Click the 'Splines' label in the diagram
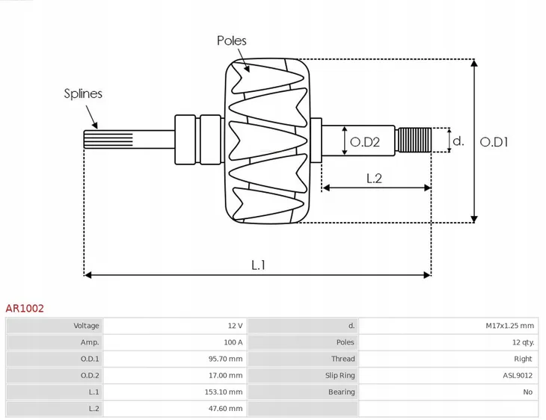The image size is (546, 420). pyautogui.click(x=82, y=94)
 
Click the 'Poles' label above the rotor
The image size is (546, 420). pyautogui.click(x=231, y=40)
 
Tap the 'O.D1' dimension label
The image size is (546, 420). pyautogui.click(x=494, y=140)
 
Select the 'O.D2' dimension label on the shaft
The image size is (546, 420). pyautogui.click(x=366, y=141)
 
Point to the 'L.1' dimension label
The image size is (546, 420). pyautogui.click(x=258, y=264)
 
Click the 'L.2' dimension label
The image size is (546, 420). pyautogui.click(x=374, y=178)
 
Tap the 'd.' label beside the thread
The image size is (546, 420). pyautogui.click(x=458, y=140)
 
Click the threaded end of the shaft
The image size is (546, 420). pyautogui.click(x=415, y=140)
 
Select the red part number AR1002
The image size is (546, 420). pyautogui.click(x=25, y=308)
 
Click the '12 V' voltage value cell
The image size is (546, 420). pyautogui.click(x=235, y=326)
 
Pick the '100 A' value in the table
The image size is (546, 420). pyautogui.click(x=233, y=342)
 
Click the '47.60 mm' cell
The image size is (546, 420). pyautogui.click(x=225, y=408)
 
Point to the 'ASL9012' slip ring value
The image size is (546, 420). pyautogui.click(x=516, y=375)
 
